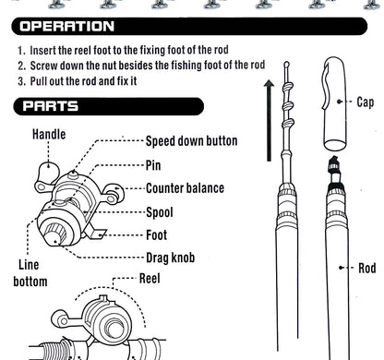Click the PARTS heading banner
[x=52, y=107]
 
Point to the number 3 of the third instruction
[x=20, y=80]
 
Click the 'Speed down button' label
[x=192, y=142]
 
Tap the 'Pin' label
[x=153, y=165]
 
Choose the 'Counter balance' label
[x=185, y=188]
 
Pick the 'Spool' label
[x=160, y=212]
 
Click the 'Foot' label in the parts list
[x=157, y=235]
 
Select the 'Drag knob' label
[x=171, y=257]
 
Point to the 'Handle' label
[x=49, y=135]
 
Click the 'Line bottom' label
[x=30, y=272]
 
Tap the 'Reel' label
[x=151, y=277]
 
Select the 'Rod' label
[x=366, y=269]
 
